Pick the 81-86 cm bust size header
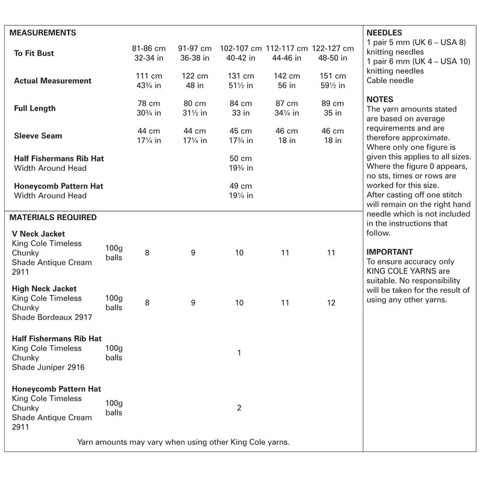tap(147, 48)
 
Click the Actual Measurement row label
tap(52, 81)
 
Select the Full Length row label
tap(35, 109)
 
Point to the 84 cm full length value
tap(239, 103)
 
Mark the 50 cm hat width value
tap(239, 159)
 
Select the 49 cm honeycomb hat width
tap(239, 186)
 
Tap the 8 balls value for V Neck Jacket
tap(147, 253)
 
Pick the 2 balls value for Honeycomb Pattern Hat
tap(239, 408)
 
